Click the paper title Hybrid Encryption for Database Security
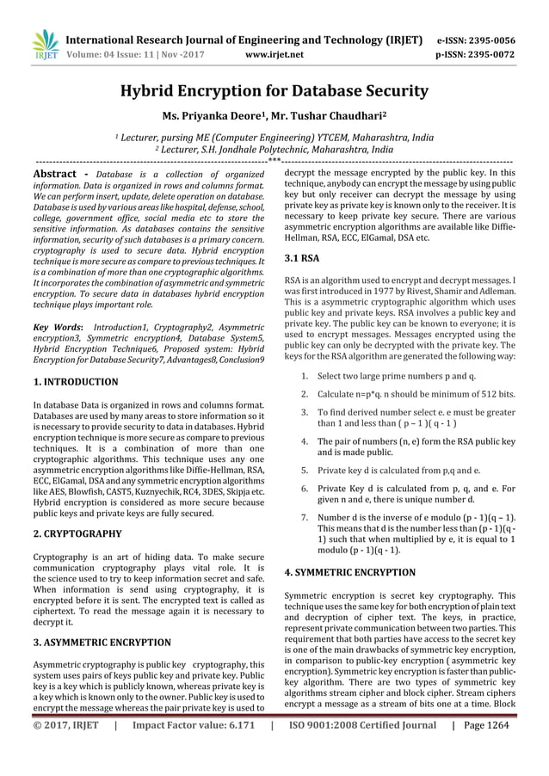[274, 90]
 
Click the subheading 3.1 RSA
[300, 257]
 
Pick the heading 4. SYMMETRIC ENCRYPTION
[349, 571]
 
